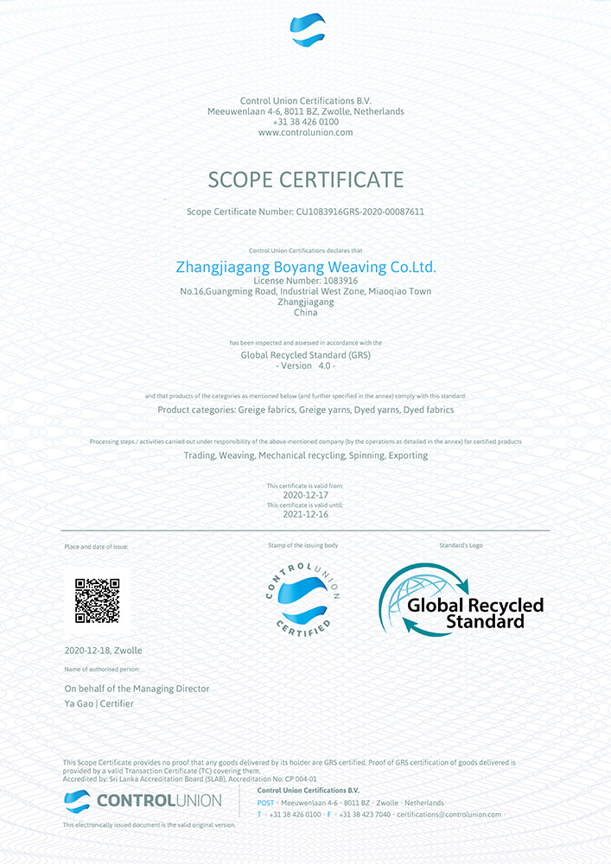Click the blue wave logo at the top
[x=307, y=30]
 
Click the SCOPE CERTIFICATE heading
[x=306, y=180]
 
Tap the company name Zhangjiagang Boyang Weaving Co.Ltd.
[x=306, y=267]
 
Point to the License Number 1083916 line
[x=305, y=281]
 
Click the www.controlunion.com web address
[x=305, y=132]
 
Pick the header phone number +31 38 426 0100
[x=305, y=122]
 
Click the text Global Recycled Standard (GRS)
[x=305, y=355]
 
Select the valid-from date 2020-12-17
[x=305, y=495]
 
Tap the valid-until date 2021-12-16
[x=305, y=514]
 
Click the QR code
[x=97, y=600]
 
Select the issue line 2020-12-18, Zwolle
[x=104, y=650]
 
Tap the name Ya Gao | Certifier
[x=99, y=703]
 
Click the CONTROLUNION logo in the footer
[x=143, y=801]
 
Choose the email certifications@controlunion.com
[x=449, y=815]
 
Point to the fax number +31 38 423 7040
[x=364, y=815]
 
